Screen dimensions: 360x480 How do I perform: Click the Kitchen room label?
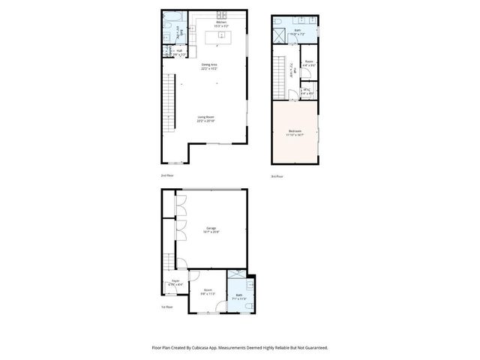click(221, 23)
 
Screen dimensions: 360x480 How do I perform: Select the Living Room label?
click(205, 118)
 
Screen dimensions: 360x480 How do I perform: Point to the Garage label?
click(211, 229)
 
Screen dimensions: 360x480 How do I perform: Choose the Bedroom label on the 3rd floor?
click(294, 133)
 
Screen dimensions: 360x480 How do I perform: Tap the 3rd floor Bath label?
click(298, 31)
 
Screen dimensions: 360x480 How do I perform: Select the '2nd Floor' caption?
click(166, 175)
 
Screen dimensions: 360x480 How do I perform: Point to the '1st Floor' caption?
click(166, 307)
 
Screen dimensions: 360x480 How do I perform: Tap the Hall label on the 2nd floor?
click(178, 51)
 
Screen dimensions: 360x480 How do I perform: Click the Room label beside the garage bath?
click(208, 291)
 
